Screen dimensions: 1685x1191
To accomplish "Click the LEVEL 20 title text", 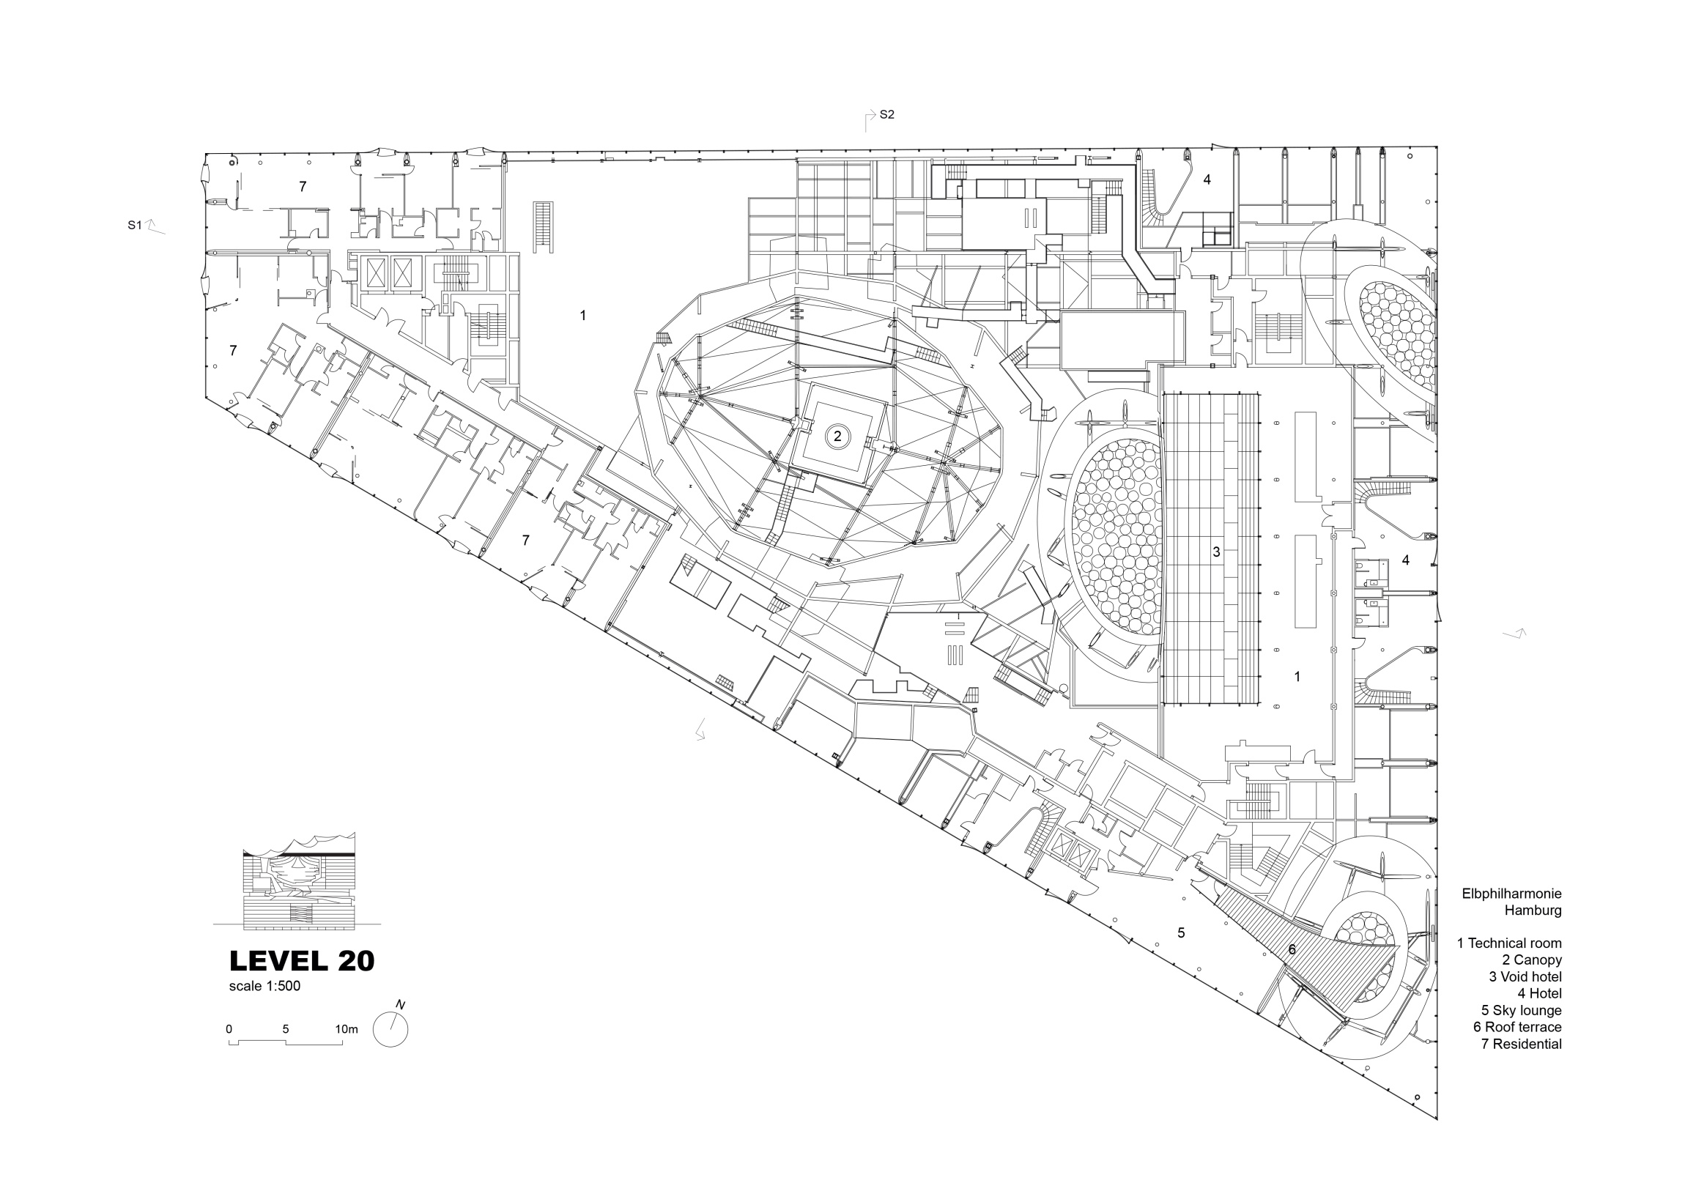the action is [302, 961].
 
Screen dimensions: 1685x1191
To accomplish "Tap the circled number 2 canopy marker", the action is [837, 437].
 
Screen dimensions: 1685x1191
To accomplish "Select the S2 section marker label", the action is [886, 114].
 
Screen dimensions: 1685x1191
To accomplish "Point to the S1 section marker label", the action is [134, 226].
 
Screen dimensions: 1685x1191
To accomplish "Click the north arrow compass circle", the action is [390, 1029].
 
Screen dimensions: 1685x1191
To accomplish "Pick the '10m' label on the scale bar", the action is [347, 1029].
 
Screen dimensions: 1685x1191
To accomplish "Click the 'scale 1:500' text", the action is [264, 986].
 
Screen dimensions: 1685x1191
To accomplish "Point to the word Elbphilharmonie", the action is [1511, 894].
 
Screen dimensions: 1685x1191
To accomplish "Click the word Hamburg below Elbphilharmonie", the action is [1533, 910].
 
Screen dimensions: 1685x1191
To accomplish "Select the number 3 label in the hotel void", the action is [1216, 552].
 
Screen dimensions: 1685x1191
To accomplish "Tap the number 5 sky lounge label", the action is [1181, 932].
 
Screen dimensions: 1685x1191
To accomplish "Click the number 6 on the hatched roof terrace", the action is [1292, 949].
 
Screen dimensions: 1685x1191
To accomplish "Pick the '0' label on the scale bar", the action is [229, 1029].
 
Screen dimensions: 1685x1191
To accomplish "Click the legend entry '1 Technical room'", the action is [1510, 943].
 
